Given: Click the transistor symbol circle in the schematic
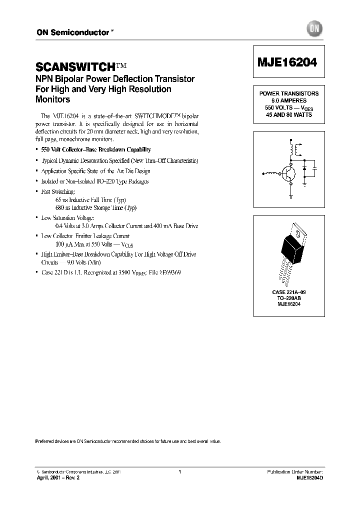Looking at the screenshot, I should pyautogui.click(x=288, y=173).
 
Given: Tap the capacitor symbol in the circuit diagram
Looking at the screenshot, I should pyautogui.click(x=315, y=169).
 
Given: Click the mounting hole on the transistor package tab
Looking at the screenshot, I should pyautogui.click(x=298, y=232).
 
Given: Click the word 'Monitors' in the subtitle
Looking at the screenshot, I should pyautogui.click(x=52, y=99).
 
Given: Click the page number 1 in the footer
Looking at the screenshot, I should pyautogui.click(x=179, y=471).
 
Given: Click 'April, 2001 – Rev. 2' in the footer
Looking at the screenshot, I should pyautogui.click(x=58, y=478).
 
